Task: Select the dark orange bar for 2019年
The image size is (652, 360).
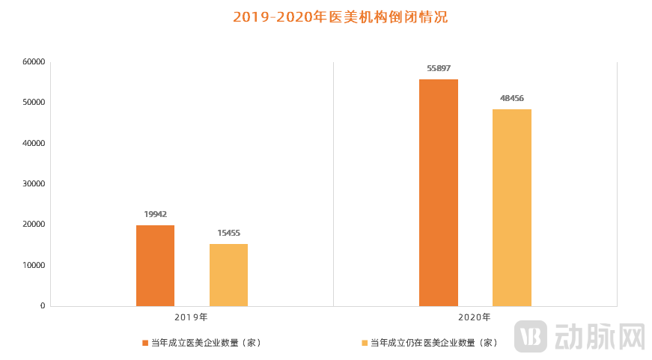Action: pyautogui.click(x=155, y=266)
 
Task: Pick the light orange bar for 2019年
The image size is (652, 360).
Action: pyautogui.click(x=228, y=275)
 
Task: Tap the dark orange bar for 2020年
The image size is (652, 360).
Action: pyautogui.click(x=438, y=192)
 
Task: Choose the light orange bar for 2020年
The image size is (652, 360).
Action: pyautogui.click(x=511, y=207)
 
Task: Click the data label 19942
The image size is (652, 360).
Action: pyautogui.click(x=155, y=214)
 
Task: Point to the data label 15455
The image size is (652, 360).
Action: pyautogui.click(x=228, y=233)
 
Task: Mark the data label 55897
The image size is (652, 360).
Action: pyautogui.click(x=438, y=68)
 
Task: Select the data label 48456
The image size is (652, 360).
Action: pyautogui.click(x=511, y=98)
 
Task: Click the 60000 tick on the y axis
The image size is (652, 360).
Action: pyautogui.click(x=33, y=61)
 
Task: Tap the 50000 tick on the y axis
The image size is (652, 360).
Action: pyautogui.click(x=33, y=103)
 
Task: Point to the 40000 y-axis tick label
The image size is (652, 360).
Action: pyautogui.click(x=33, y=143)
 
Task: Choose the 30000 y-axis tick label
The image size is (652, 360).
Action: pyautogui.click(x=33, y=183)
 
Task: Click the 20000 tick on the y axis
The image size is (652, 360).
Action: pyautogui.click(x=33, y=225)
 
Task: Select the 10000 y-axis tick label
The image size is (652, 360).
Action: pyautogui.click(x=33, y=265)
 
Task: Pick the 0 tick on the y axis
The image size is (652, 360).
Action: pyautogui.click(x=42, y=306)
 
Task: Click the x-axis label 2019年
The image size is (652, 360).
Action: pyautogui.click(x=191, y=317)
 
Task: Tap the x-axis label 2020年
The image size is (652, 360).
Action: pyautogui.click(x=475, y=317)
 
